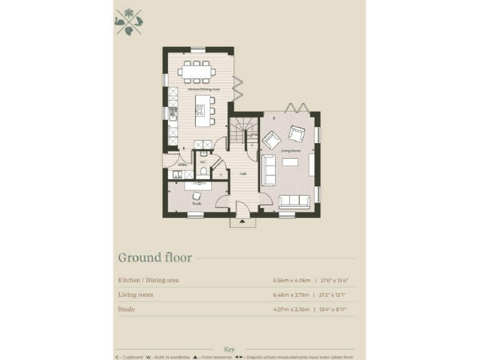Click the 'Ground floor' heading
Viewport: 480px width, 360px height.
[x=155, y=257]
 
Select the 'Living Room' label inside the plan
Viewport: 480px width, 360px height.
[x=289, y=151]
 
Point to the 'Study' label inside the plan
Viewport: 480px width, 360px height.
[x=196, y=204]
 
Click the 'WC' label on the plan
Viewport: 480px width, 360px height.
[x=203, y=162]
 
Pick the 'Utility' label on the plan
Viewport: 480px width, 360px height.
[x=182, y=164]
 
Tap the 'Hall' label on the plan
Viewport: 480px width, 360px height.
[x=242, y=173]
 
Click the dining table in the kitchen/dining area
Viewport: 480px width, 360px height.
[x=197, y=72]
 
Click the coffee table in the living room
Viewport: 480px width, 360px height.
[x=289, y=162]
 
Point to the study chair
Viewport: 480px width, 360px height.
[x=196, y=196]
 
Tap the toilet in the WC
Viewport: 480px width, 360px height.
[x=203, y=171]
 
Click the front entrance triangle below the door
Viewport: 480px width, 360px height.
[x=242, y=222]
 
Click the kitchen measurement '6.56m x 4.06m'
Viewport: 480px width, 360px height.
[x=292, y=280]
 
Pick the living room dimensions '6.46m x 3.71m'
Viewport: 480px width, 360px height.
[x=292, y=294]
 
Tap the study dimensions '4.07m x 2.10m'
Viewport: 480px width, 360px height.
[x=292, y=309]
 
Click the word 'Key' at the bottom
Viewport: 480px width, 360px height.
[x=228, y=349]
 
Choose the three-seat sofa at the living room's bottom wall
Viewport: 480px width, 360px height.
[x=294, y=201]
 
